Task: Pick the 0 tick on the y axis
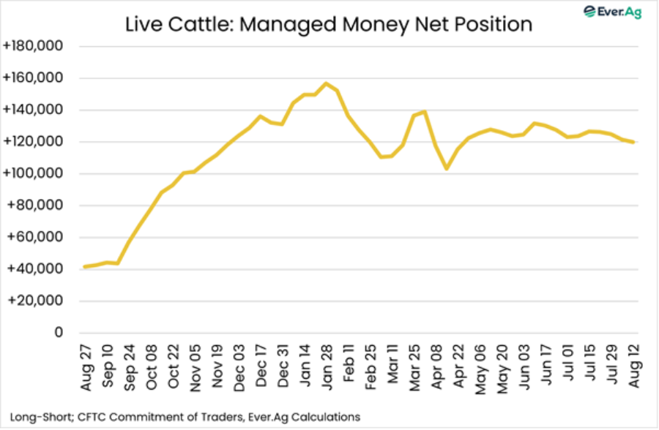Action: click(x=57, y=333)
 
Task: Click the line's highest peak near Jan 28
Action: click(x=326, y=83)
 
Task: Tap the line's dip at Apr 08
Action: click(x=446, y=169)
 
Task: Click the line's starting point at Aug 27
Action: click(x=85, y=267)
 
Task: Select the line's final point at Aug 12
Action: click(x=633, y=142)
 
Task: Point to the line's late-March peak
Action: click(x=424, y=112)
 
